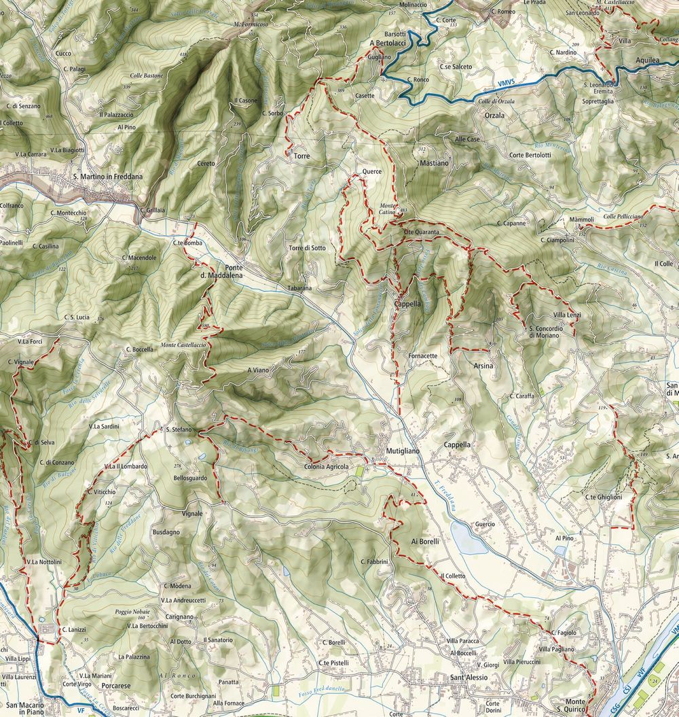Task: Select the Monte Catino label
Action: [388, 209]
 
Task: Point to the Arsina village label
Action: [481, 366]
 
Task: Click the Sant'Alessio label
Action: [470, 678]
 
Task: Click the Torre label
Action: [301, 156]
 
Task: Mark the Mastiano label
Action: [435, 164]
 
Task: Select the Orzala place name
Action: [495, 116]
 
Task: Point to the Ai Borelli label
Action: [426, 542]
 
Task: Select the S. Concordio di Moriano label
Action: [546, 332]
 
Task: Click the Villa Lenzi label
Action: [568, 315]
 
